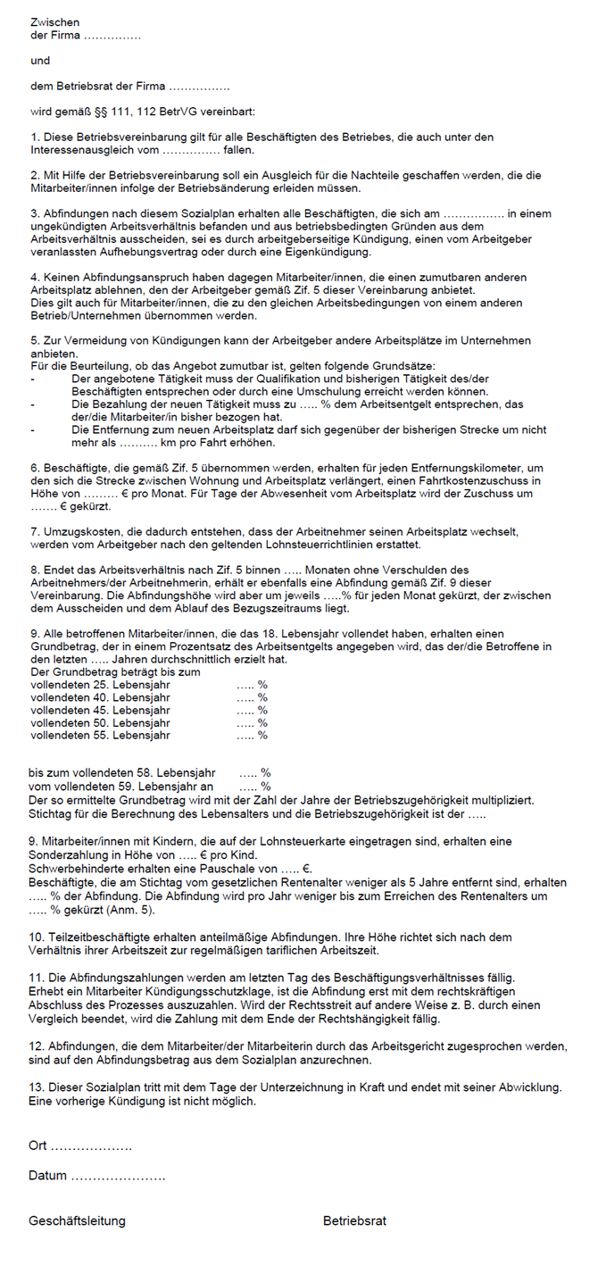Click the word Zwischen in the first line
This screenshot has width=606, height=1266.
tap(54, 21)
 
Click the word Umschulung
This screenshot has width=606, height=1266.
tap(394, 391)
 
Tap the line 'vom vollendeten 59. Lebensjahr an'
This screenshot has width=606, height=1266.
tap(120, 787)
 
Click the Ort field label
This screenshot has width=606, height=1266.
tap(38, 1145)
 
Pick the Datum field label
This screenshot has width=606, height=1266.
tap(48, 1176)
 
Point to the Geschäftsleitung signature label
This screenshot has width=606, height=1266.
tap(77, 1220)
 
